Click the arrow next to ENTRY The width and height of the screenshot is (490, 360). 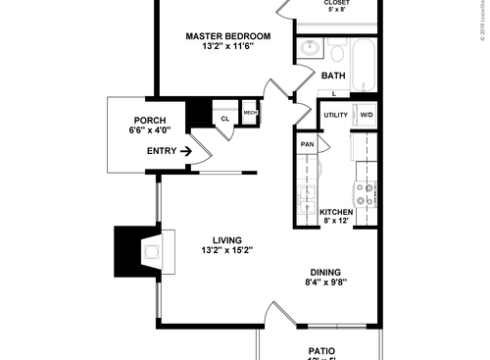[184, 151]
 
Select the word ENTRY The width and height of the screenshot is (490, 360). [161, 151]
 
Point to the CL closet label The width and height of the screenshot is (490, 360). [224, 119]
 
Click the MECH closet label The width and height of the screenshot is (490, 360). [250, 113]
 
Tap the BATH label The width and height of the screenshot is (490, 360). [333, 76]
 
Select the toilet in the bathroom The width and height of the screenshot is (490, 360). [336, 50]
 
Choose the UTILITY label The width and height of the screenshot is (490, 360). [336, 115]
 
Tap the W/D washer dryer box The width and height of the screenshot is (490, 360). [366, 115]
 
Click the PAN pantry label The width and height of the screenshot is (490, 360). [307, 144]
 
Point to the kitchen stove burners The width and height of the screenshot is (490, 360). [367, 194]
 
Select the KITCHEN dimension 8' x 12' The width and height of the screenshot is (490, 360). [336, 221]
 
